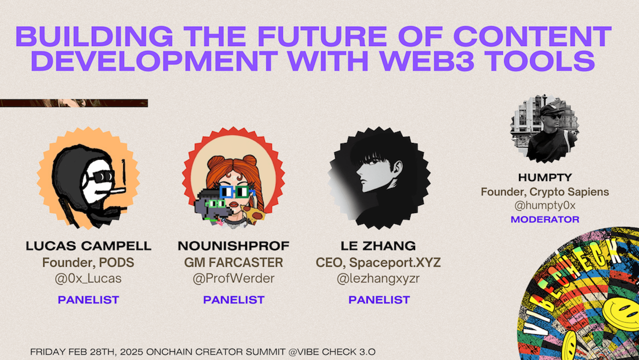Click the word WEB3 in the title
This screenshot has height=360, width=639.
tap(427, 61)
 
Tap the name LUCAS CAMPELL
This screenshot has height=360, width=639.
tap(89, 246)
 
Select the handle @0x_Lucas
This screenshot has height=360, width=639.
tap(88, 278)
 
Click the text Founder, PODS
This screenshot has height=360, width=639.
tap(88, 263)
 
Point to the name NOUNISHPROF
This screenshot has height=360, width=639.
tap(234, 246)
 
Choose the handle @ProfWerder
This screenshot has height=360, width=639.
tap(234, 278)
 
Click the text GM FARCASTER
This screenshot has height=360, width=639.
tap(234, 263)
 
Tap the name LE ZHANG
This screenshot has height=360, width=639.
tap(378, 246)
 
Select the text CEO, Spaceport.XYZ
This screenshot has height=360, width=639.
tap(378, 263)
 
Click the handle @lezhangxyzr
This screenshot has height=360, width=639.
tap(378, 279)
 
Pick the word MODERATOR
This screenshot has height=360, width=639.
tap(545, 219)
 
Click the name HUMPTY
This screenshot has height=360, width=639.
tap(545, 177)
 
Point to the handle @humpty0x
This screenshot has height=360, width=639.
tap(545, 205)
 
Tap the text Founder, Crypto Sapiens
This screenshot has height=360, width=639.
tap(545, 192)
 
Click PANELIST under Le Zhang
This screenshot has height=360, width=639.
tap(379, 300)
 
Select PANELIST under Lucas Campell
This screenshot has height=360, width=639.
tap(88, 300)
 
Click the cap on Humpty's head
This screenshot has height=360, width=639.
tap(551, 110)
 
